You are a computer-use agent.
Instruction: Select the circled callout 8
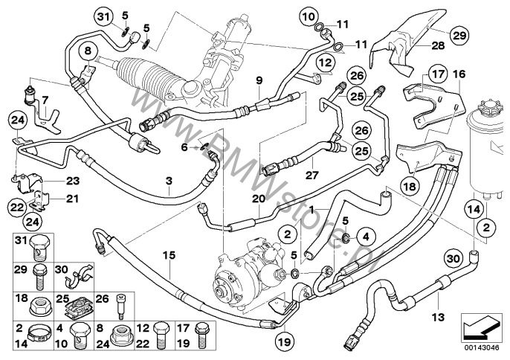[88, 51]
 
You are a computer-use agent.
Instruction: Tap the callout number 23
[71, 179]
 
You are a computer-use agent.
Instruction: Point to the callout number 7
[45, 100]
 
